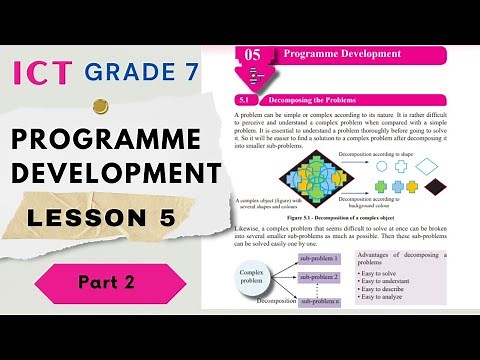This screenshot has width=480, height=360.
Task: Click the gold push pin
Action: click(100, 106)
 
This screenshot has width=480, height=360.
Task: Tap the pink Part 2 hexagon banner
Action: click(108, 283)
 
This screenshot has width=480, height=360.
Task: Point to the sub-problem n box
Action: click(320, 301)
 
